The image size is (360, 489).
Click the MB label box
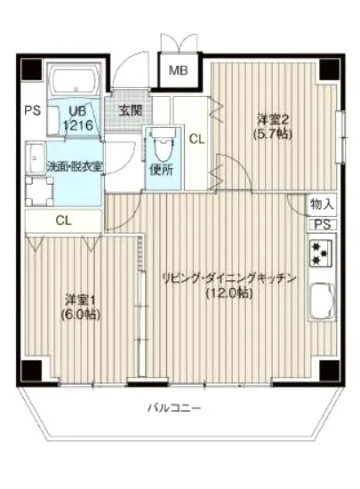179,70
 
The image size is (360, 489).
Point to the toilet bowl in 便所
163,144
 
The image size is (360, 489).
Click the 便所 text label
161,169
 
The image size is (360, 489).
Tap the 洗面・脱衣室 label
61,166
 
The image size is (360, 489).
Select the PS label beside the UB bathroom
32,111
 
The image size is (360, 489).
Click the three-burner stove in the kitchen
321,256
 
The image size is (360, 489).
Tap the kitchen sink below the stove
321,302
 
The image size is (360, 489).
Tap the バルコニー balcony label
174,409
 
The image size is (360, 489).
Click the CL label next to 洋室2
197,139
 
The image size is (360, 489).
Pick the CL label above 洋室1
63,220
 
